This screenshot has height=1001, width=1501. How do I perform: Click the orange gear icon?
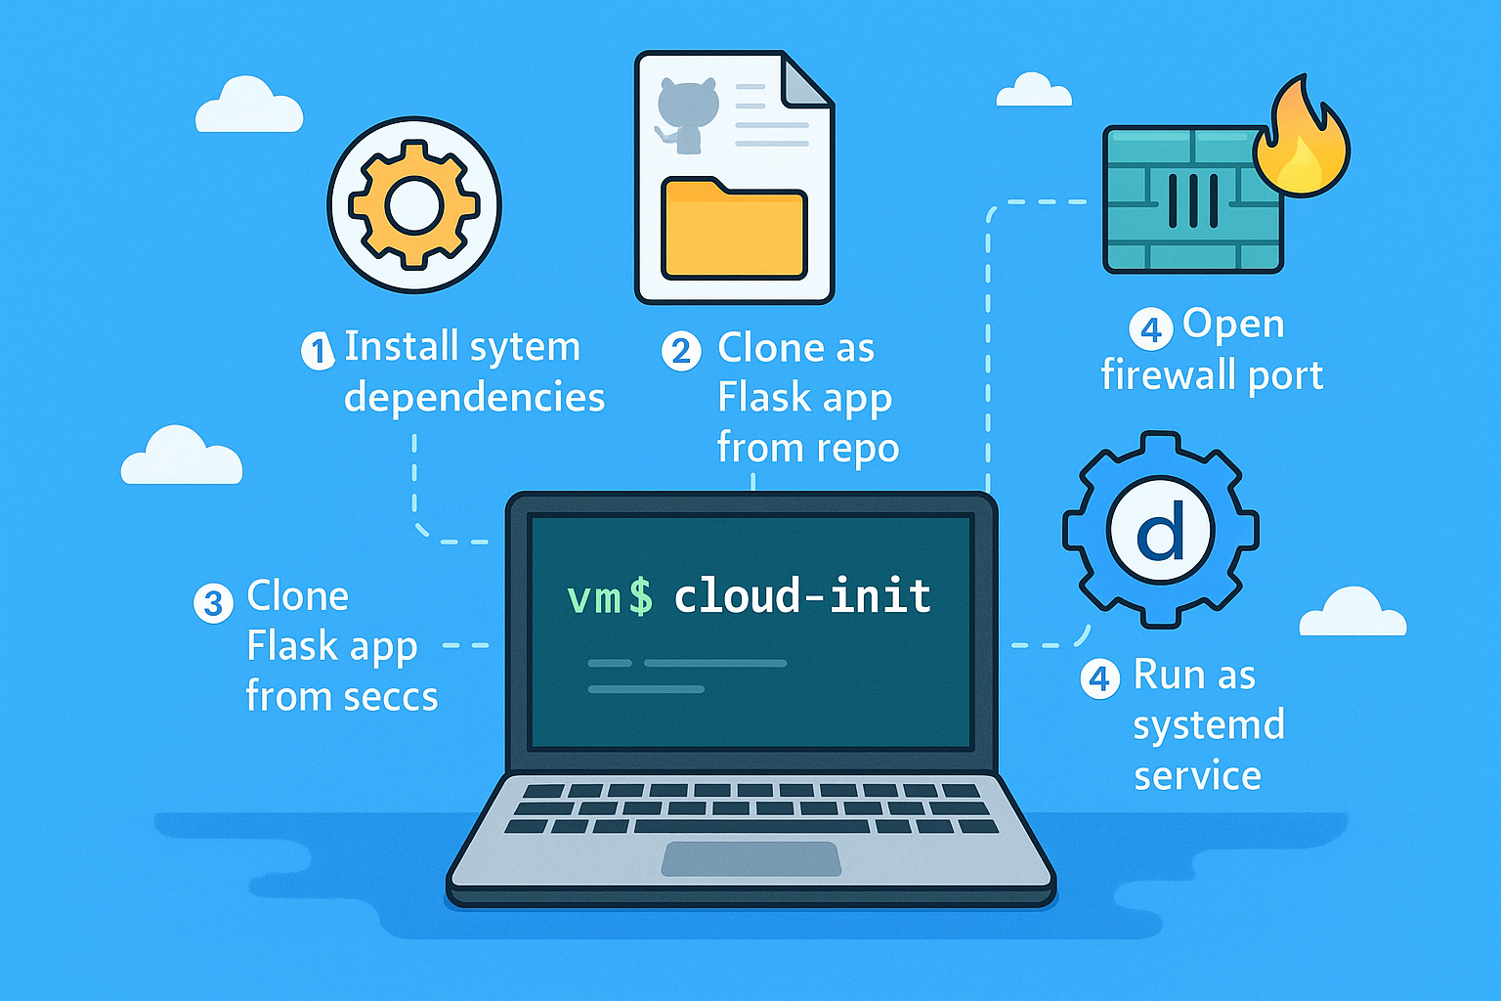pyautogui.click(x=414, y=205)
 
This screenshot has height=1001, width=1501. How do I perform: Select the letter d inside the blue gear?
pyautogui.click(x=1161, y=532)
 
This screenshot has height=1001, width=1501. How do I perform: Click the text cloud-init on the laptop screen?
pyautogui.click(x=802, y=596)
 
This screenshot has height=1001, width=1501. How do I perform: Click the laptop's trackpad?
pyautogui.click(x=750, y=858)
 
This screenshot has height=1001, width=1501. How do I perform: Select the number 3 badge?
pyautogui.click(x=213, y=603)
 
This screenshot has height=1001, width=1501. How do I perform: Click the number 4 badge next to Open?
pyautogui.click(x=1151, y=329)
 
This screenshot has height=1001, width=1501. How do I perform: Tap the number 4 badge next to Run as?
pyautogui.click(x=1100, y=678)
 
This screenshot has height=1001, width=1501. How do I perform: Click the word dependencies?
pyautogui.click(x=474, y=398)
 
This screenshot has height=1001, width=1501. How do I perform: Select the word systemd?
pyautogui.click(x=1209, y=726)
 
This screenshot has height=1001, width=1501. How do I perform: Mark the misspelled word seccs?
pyautogui.click(x=388, y=697)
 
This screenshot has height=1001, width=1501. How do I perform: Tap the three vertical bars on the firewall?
pyautogui.click(x=1193, y=199)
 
